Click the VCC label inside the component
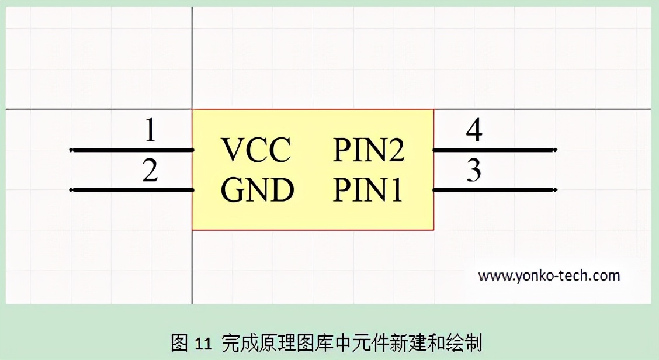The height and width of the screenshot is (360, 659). pyautogui.click(x=256, y=150)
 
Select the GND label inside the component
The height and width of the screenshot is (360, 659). pyautogui.click(x=257, y=191)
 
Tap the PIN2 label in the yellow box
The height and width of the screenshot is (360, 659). pyautogui.click(x=369, y=150)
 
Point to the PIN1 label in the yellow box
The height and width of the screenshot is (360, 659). pyautogui.click(x=368, y=191)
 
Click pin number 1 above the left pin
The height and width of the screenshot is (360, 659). pyautogui.click(x=150, y=130)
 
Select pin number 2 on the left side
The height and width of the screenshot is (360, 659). pyautogui.click(x=150, y=171)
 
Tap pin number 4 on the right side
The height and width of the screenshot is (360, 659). pyautogui.click(x=474, y=130)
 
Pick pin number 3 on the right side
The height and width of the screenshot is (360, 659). pyautogui.click(x=474, y=171)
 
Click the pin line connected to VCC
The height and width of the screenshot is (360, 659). pyautogui.click(x=131, y=150)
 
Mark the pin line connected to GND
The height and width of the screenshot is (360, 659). pyautogui.click(x=131, y=190)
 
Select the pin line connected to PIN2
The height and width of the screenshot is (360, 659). pyautogui.click(x=494, y=150)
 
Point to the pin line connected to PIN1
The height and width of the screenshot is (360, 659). pyautogui.click(x=494, y=190)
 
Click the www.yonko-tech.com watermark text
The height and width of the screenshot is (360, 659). pyautogui.click(x=549, y=275)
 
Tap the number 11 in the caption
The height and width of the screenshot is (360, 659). pyautogui.click(x=202, y=344)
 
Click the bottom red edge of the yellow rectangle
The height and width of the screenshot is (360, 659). pyautogui.click(x=313, y=230)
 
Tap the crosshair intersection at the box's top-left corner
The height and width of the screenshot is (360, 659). pyautogui.click(x=192, y=109)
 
